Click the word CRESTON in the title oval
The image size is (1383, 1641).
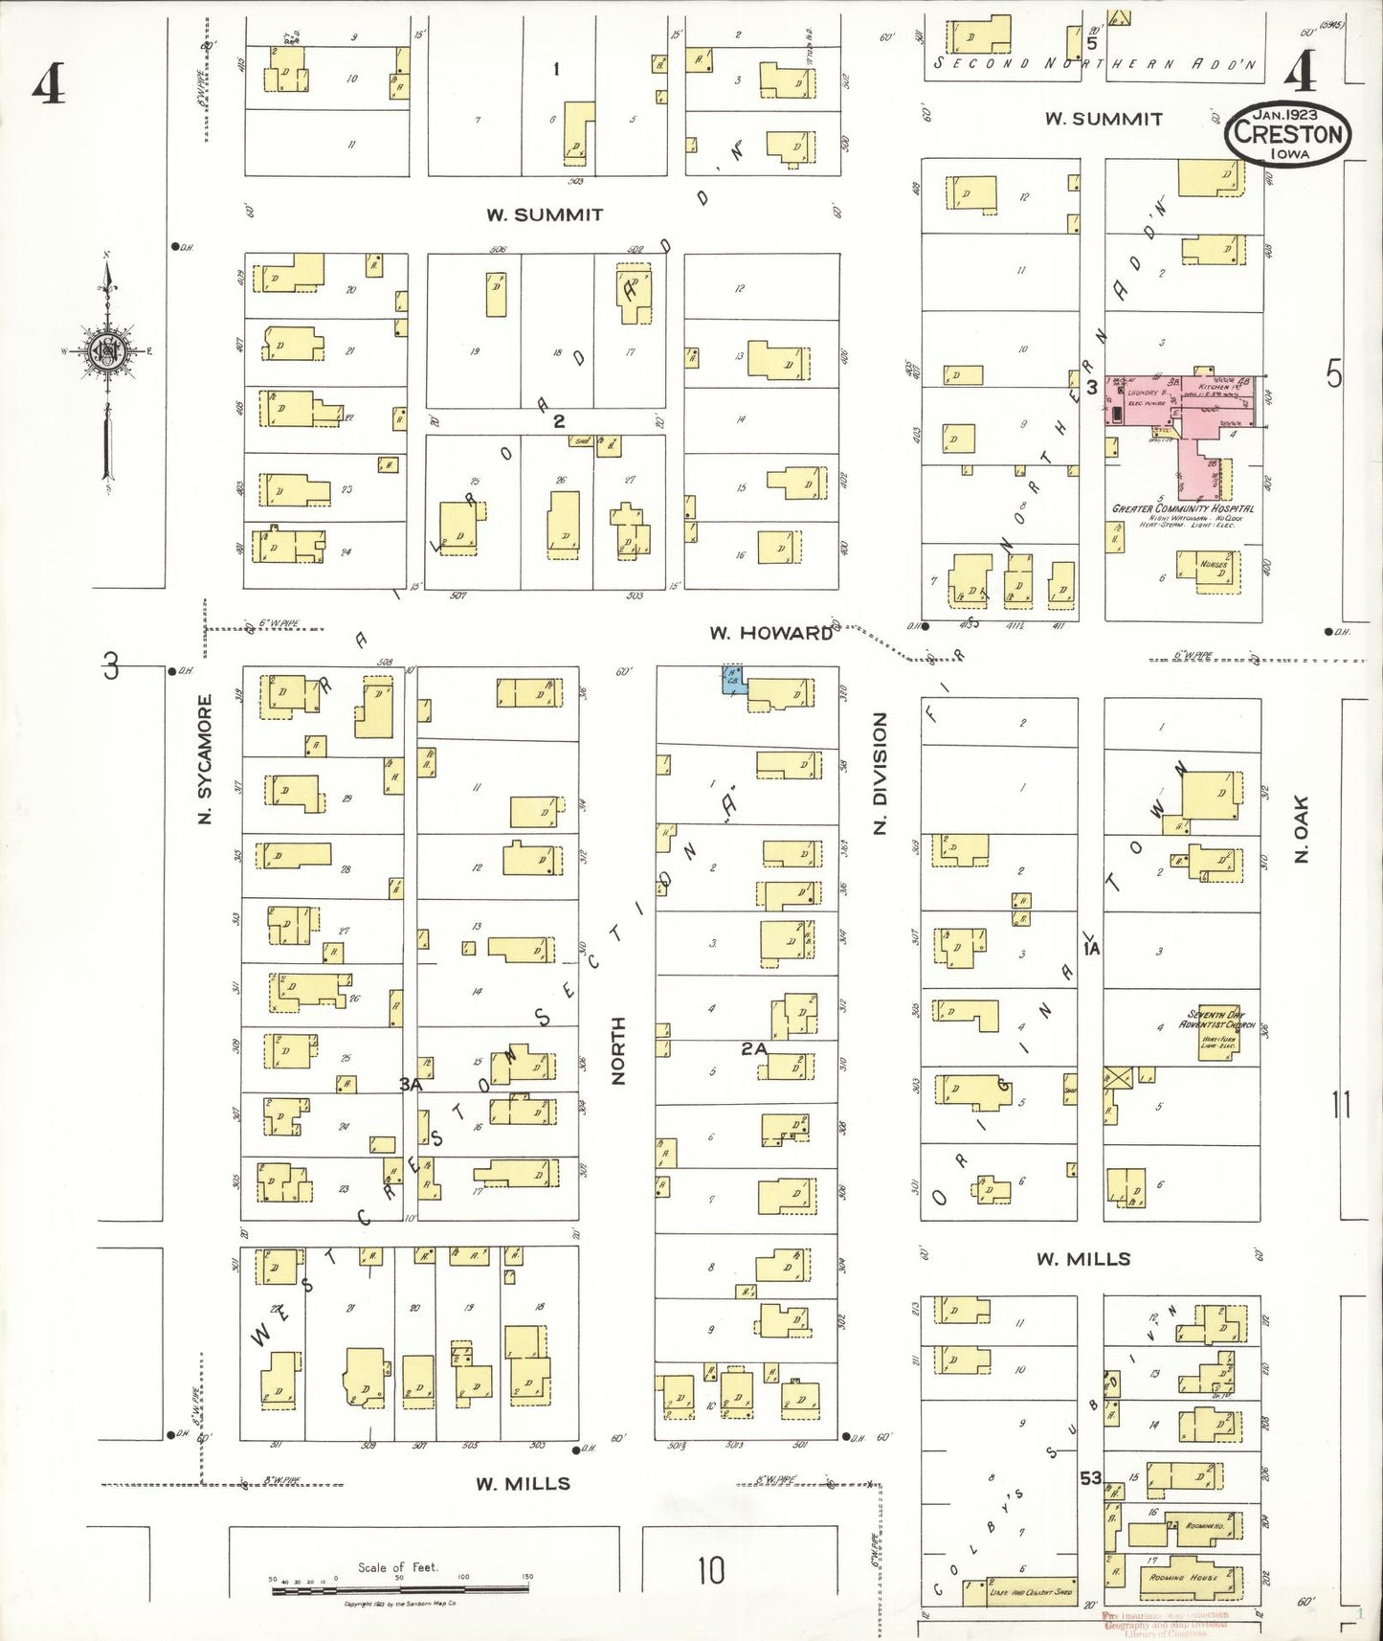click(1287, 133)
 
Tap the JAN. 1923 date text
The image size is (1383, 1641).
click(1287, 114)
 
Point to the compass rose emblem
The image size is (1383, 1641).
click(104, 351)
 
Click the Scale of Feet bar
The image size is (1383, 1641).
click(400, 1590)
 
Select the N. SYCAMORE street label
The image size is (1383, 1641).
click(204, 760)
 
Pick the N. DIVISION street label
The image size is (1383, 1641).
click(880, 773)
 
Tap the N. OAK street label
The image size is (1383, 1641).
click(1301, 828)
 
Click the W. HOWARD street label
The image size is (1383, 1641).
click(770, 633)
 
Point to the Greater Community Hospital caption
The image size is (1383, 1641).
click(1182, 508)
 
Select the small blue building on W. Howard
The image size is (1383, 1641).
click(732, 680)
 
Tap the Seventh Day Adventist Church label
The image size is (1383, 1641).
click(1216, 1020)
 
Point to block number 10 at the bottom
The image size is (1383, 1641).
click(710, 1570)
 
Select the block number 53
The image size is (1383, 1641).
click(1090, 1478)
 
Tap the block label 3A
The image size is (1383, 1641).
click(411, 1084)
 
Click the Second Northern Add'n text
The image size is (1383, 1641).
click(1094, 63)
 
